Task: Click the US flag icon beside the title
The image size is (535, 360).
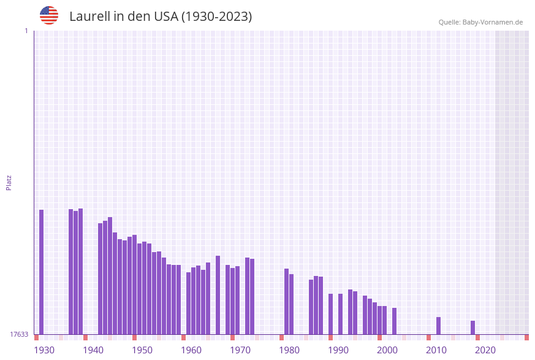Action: [x=49, y=15]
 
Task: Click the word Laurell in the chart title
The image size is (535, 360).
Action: [x=89, y=17]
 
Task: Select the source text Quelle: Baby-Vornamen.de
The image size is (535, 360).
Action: [x=480, y=22]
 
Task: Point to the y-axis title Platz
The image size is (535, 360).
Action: [x=9, y=182]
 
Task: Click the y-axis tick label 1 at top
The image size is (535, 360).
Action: [x=26, y=31]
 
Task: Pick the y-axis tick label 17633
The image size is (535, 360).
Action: [x=19, y=334]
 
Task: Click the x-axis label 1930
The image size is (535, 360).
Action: [x=44, y=350]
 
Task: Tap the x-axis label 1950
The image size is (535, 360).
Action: [x=142, y=350]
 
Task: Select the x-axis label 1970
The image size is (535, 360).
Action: [x=240, y=350]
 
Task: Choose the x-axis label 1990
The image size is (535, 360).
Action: [x=338, y=350]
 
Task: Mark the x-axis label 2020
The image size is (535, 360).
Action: [x=485, y=350]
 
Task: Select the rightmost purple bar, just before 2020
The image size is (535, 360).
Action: [x=473, y=327]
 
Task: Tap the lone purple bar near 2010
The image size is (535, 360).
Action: [x=439, y=326]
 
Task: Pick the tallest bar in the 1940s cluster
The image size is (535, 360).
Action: [x=110, y=275]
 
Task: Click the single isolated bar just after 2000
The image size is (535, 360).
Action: [x=395, y=321]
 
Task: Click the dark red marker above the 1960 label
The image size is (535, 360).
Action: [x=183, y=337]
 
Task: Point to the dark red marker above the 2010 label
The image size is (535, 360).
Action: [x=428, y=337]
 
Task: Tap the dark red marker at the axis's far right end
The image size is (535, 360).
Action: [x=526, y=337]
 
